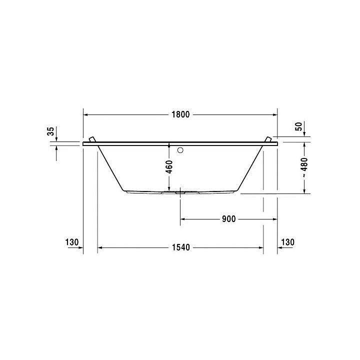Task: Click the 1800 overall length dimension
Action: click(x=180, y=114)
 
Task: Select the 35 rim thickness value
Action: click(x=50, y=131)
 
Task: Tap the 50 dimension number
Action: click(x=299, y=126)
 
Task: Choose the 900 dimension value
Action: click(x=228, y=219)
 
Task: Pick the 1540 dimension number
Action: click(x=180, y=247)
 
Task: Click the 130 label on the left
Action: click(x=72, y=242)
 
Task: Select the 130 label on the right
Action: click(x=287, y=242)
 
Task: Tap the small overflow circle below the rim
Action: click(x=180, y=149)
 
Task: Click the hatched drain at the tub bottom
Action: click(x=180, y=191)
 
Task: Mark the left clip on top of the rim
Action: click(x=91, y=138)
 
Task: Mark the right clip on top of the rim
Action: click(x=268, y=138)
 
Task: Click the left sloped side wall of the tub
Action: click(x=110, y=168)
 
